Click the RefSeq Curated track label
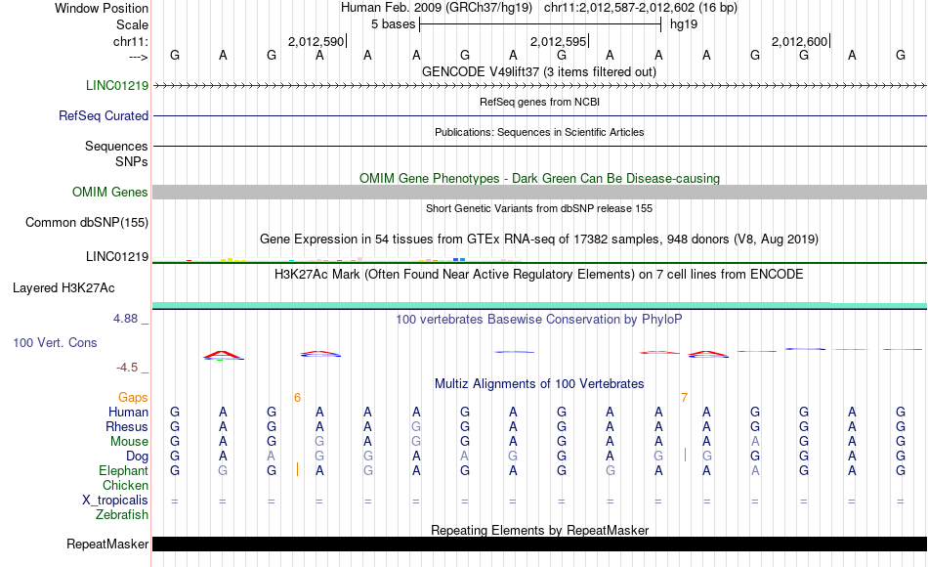pos(104,115)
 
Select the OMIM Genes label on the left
pos(110,193)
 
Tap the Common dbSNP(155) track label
pos(86,222)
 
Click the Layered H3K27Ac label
pos(63,287)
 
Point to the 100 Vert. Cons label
pos(55,343)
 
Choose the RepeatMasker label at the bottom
pos(107,544)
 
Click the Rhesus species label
pos(127,426)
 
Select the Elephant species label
pos(124,470)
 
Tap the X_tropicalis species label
pos(115,500)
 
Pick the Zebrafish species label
pos(122,514)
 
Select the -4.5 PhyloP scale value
pos(127,368)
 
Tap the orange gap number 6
pos(297,397)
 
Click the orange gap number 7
pos(684,397)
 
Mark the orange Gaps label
pos(133,397)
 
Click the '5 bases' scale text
pos(393,23)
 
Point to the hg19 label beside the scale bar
pos(684,23)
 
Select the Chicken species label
pos(126,485)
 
